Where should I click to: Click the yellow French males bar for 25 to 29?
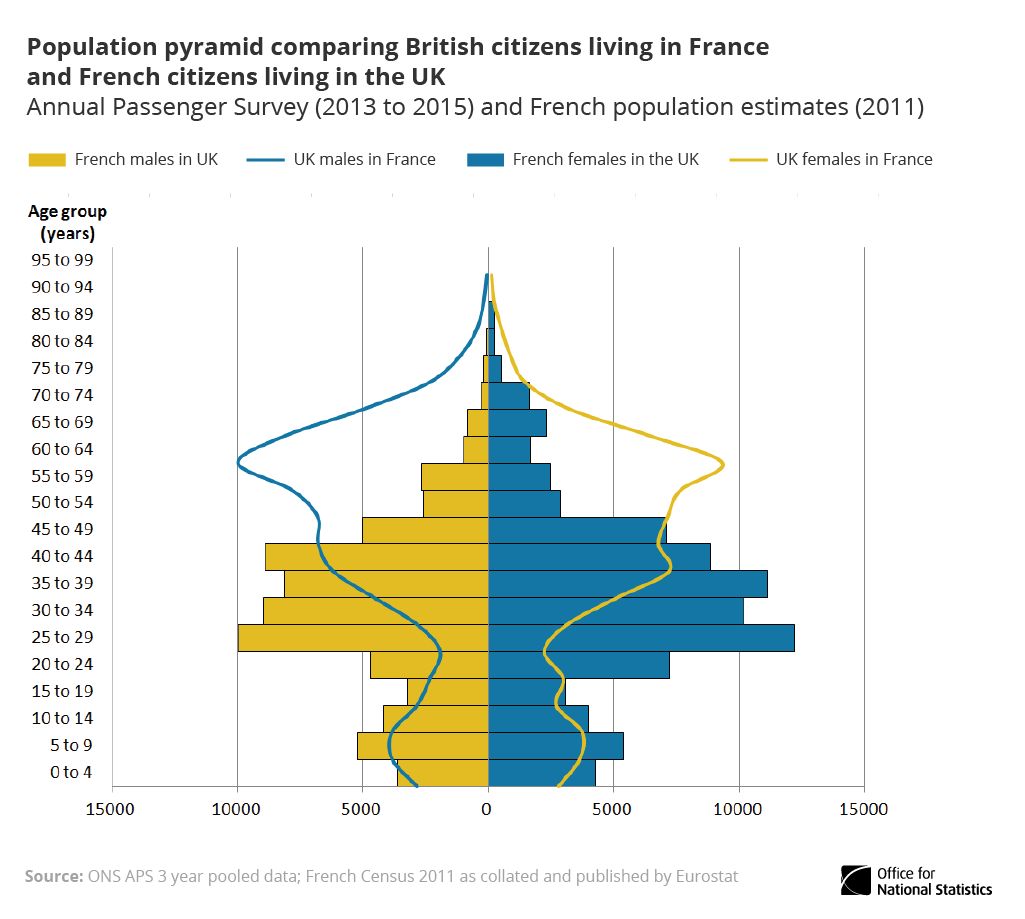coord(363,637)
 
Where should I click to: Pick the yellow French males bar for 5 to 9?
coord(423,745)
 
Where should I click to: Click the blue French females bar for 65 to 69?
coord(518,422)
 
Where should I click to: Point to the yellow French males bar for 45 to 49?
coord(425,529)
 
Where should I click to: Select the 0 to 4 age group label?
coord(71,772)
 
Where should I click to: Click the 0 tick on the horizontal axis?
coord(488,808)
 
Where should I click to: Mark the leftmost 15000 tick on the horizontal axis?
coord(112,808)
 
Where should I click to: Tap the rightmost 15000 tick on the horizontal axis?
coord(864,808)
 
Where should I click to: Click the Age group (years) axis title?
coord(67,223)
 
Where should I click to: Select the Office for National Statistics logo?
coord(916,881)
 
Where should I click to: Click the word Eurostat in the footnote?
coord(705,877)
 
